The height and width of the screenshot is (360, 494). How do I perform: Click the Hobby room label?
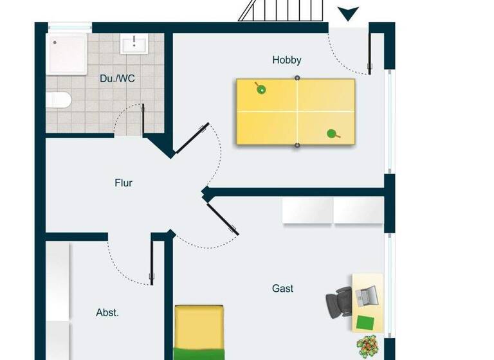(x=286, y=60)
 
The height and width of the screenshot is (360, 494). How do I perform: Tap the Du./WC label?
(x=117, y=78)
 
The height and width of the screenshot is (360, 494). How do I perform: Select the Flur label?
(x=123, y=183)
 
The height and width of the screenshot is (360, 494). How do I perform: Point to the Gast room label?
(x=282, y=289)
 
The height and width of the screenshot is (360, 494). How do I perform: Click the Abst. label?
(x=107, y=313)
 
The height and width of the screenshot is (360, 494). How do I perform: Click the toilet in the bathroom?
(x=57, y=100)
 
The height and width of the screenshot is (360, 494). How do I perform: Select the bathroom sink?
(x=134, y=44)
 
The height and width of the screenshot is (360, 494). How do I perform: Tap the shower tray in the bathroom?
(x=67, y=53)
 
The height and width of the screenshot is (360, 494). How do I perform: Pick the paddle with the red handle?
(x=333, y=134)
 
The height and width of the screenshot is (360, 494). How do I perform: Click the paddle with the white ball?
(x=261, y=88)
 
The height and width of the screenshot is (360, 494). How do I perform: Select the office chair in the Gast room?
(x=338, y=301)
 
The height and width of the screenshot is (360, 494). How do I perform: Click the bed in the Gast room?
(x=199, y=331)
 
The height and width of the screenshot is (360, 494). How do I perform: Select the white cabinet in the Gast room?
(x=333, y=211)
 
